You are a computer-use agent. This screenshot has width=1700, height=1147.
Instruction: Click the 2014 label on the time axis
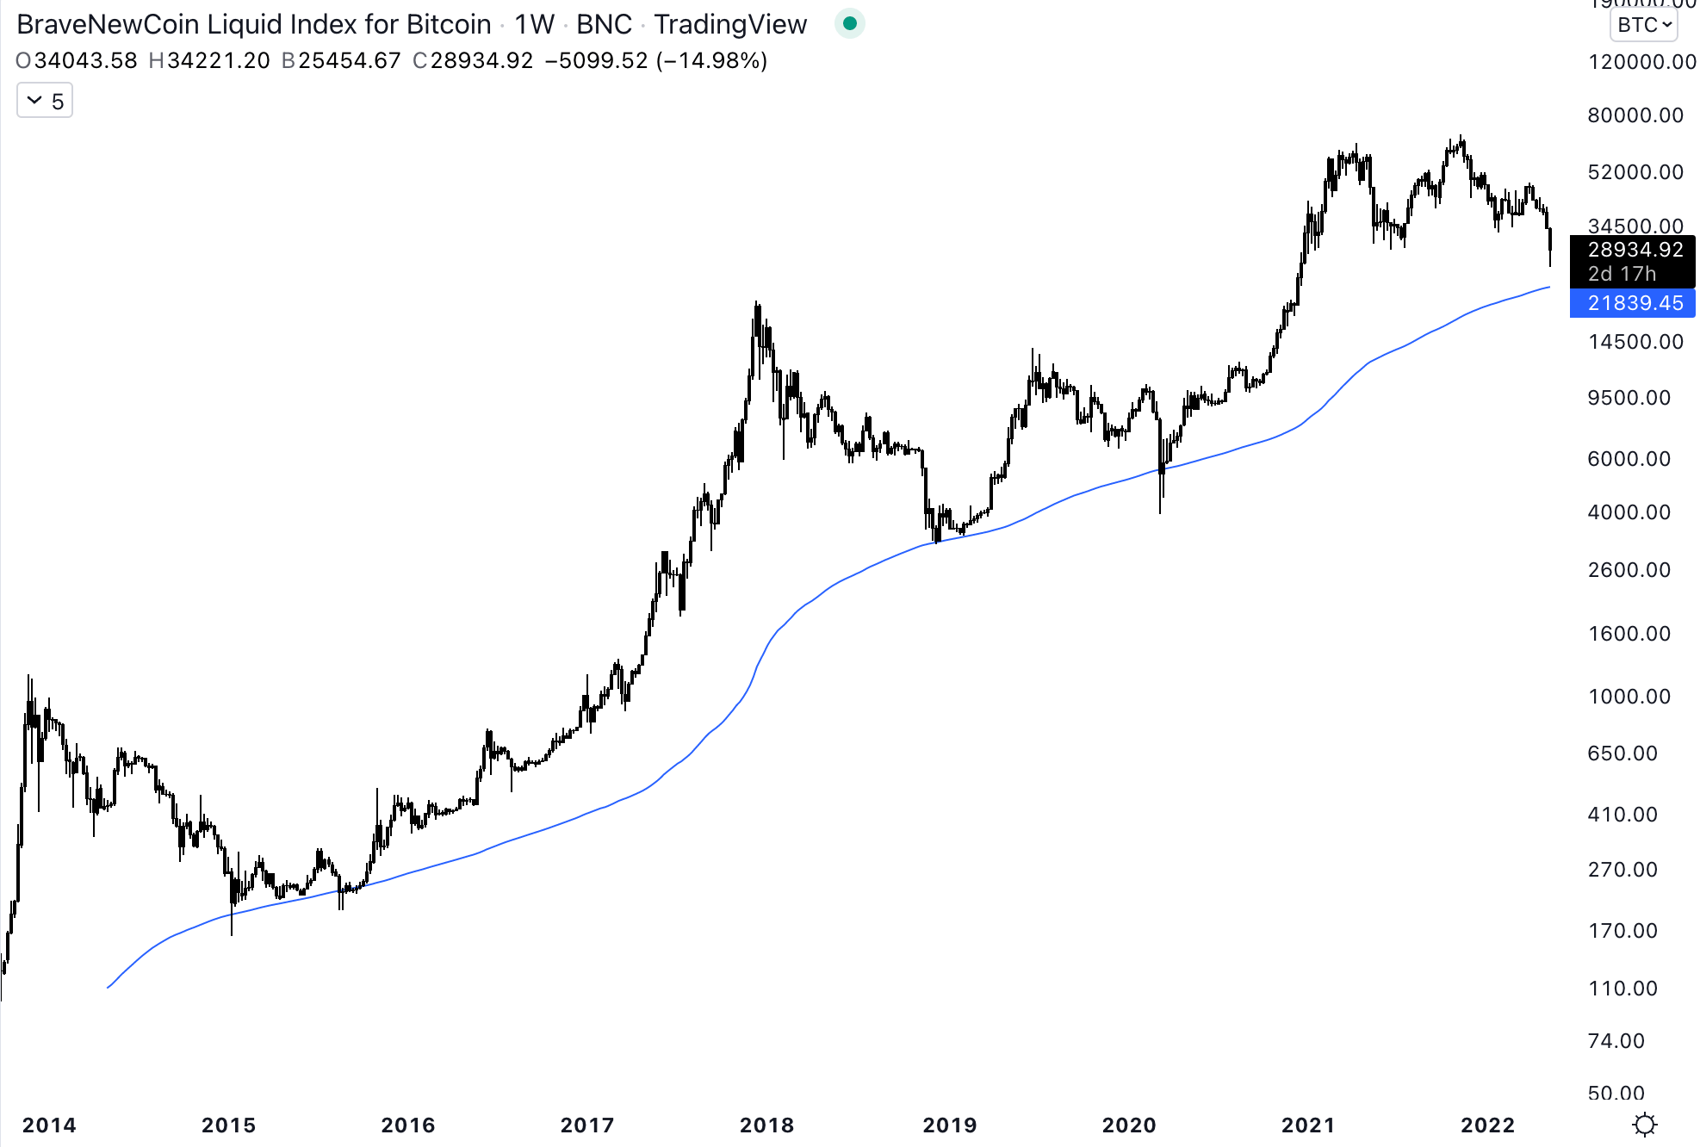(x=49, y=1125)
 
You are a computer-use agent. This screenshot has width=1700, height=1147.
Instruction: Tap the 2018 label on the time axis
(x=766, y=1125)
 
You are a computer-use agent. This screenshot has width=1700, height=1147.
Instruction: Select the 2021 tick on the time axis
(x=1307, y=1125)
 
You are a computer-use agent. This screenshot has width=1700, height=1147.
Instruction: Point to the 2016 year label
(x=408, y=1125)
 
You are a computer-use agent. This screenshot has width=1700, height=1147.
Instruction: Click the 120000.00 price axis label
(x=1641, y=62)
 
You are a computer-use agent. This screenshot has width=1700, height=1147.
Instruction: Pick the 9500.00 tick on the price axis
(x=1629, y=398)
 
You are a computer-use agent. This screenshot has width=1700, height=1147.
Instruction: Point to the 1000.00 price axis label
(x=1629, y=696)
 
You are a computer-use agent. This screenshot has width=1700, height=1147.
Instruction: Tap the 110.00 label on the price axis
(x=1622, y=988)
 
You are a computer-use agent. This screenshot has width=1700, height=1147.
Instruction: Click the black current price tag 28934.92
(x=1635, y=250)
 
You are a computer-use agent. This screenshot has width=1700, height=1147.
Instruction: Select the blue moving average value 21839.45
(x=1635, y=303)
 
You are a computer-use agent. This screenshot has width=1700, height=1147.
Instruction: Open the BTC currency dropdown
(x=1643, y=25)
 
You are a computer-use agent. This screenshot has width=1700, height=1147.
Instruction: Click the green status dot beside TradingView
(x=850, y=24)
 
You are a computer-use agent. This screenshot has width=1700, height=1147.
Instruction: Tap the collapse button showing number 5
(x=45, y=102)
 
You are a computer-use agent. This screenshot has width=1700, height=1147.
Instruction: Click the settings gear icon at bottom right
(x=1645, y=1125)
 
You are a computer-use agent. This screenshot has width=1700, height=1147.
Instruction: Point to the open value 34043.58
(x=85, y=61)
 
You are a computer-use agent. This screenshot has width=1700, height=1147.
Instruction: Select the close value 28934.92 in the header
(x=481, y=61)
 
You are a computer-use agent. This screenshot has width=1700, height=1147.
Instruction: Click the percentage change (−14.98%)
(x=711, y=61)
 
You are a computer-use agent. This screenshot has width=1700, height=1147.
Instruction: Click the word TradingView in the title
(x=730, y=24)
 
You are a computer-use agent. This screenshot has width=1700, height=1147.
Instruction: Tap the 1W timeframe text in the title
(x=534, y=24)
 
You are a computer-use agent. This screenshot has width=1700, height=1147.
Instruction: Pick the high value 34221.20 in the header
(x=219, y=61)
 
